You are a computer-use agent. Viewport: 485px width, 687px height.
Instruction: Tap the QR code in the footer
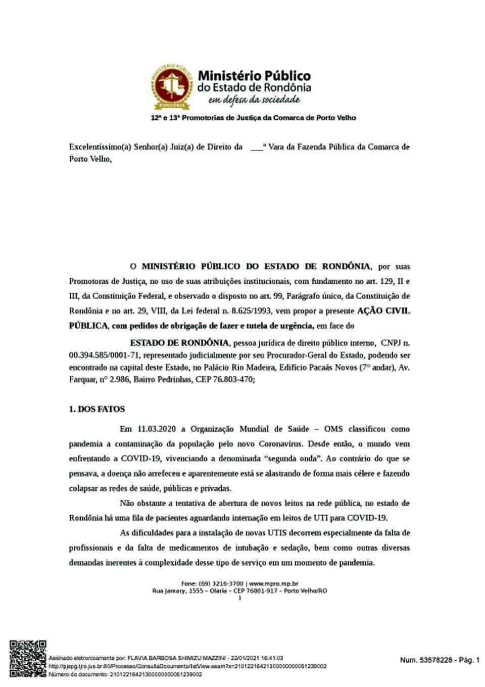[28, 658]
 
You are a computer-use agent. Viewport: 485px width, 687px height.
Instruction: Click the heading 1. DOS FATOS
[97, 409]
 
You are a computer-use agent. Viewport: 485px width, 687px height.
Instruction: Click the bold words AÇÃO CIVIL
[383, 310]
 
